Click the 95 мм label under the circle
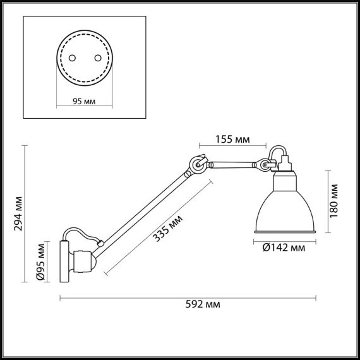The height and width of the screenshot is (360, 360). tap(84, 100)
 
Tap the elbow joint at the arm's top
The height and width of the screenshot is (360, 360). tap(198, 165)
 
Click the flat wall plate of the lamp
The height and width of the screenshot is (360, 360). tap(63, 260)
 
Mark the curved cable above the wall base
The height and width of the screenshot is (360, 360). tap(80, 232)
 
